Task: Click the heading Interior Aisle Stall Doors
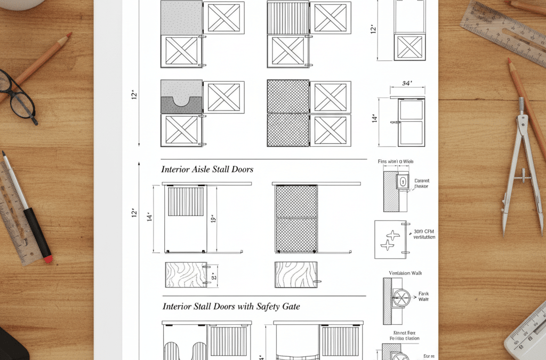coord(207,169)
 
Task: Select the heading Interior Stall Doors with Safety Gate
coord(231,306)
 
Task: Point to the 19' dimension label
coord(212,219)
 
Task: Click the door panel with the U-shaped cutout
coord(181,97)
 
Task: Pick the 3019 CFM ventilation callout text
coord(424,234)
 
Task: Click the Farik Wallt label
coord(424,297)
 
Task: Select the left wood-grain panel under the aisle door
coord(186,275)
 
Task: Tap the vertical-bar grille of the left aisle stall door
coord(186,201)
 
